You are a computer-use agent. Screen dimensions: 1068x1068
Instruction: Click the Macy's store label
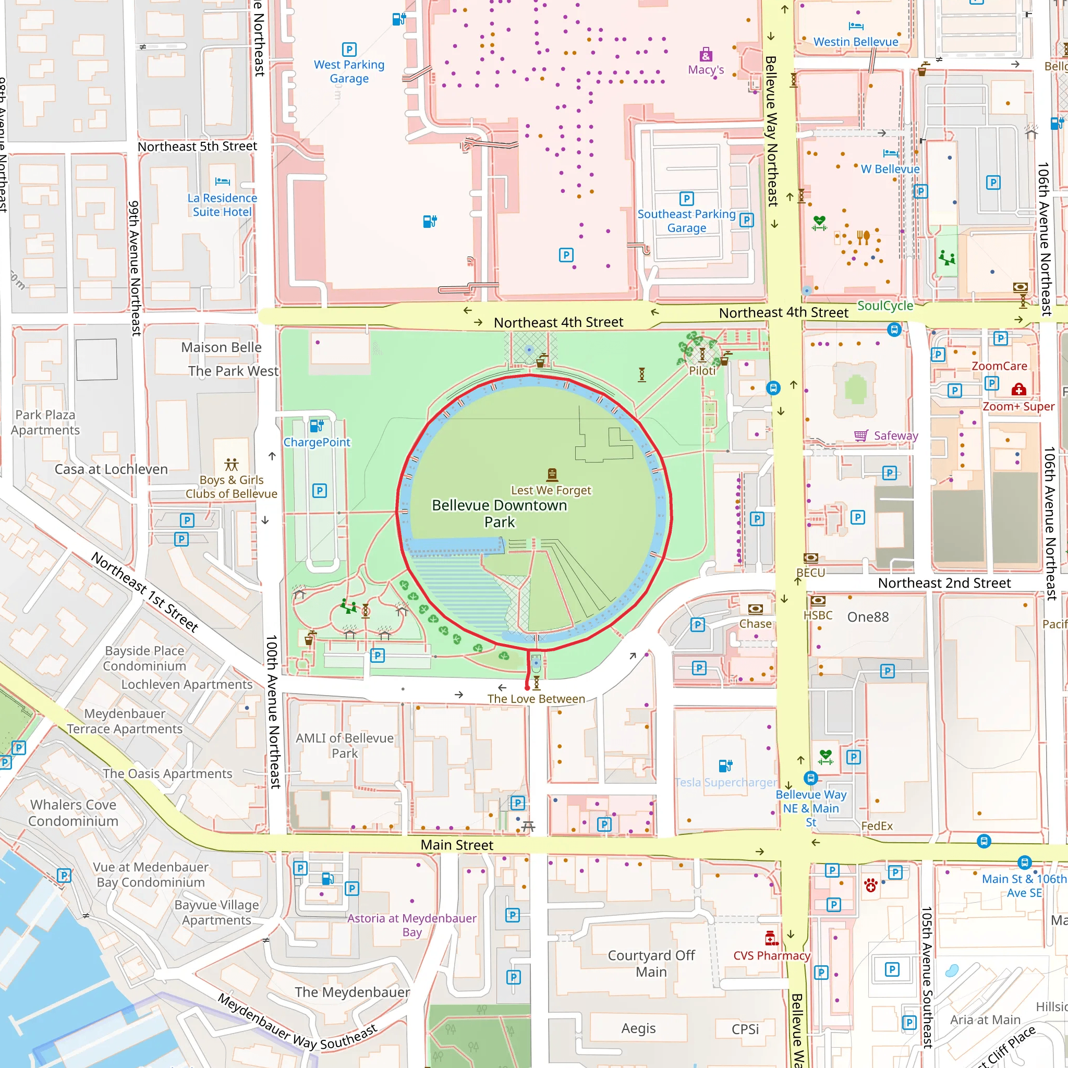[x=706, y=70]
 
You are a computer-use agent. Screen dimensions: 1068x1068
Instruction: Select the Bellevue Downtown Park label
[x=499, y=513]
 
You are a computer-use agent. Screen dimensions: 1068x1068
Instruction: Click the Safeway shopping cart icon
[x=860, y=435]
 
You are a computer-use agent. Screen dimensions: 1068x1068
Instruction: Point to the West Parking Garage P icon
[x=349, y=50]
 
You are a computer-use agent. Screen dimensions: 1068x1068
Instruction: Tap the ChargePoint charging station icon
[x=316, y=426]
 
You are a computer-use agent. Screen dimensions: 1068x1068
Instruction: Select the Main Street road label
[x=457, y=845]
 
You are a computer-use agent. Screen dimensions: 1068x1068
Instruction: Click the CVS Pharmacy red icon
[x=771, y=938]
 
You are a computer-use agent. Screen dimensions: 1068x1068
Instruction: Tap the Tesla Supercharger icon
[x=725, y=766]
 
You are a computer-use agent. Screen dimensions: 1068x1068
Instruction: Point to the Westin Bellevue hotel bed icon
[x=856, y=26]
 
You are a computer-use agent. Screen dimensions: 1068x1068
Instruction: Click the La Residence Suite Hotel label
[x=222, y=204]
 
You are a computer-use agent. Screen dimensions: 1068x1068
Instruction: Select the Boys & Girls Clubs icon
[x=231, y=464]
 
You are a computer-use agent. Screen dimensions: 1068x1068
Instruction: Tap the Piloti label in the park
[x=702, y=371]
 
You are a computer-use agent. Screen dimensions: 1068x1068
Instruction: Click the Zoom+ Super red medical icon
[x=1018, y=390]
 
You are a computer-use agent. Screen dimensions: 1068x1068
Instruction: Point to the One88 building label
[x=868, y=617]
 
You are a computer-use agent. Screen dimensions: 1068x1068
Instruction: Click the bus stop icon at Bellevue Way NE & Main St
[x=810, y=778]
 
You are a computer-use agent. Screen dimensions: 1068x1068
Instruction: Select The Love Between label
[x=536, y=699]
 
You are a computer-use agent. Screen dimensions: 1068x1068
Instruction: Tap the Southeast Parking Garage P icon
[x=686, y=199]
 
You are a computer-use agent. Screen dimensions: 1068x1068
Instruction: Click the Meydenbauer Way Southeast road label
[x=297, y=1022]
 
